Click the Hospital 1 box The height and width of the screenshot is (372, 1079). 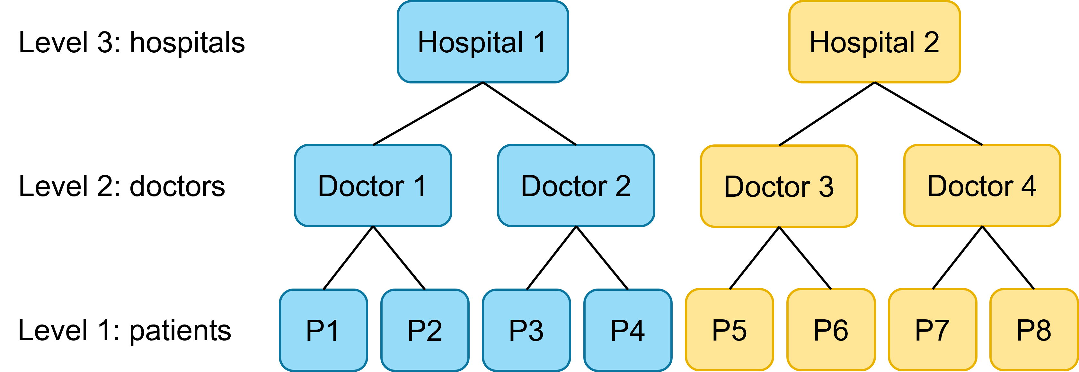(x=482, y=42)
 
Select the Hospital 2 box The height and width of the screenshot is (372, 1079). (x=874, y=42)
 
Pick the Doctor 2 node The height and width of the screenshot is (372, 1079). (x=576, y=186)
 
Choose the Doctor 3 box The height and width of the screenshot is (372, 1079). (x=779, y=186)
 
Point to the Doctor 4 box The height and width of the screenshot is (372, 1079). (x=982, y=186)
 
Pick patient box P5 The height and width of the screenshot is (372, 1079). (x=729, y=330)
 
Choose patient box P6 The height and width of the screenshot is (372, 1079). (x=831, y=330)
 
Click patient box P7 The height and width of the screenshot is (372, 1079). (x=933, y=330)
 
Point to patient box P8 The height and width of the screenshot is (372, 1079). (x=1034, y=330)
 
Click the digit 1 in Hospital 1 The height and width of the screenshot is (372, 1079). (x=540, y=42)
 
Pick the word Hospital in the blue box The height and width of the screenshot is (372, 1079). (x=470, y=43)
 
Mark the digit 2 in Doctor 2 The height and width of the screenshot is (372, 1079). (x=623, y=186)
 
